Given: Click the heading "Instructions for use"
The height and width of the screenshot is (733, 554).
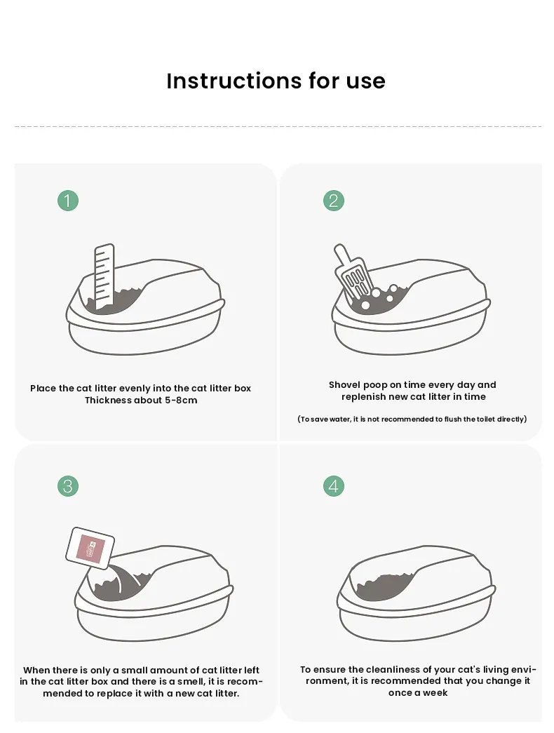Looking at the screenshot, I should tap(276, 81).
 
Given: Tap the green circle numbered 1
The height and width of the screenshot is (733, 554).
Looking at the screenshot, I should tap(68, 201).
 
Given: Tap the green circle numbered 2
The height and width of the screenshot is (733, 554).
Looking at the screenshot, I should tap(333, 201).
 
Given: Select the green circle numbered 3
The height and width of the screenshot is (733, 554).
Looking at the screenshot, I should tap(68, 485).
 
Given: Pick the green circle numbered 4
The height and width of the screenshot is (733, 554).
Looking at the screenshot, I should tap(333, 485).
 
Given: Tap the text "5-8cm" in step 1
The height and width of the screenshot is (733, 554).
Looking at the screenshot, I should tap(180, 401).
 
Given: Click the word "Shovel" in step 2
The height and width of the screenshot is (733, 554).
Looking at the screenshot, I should tap(344, 384).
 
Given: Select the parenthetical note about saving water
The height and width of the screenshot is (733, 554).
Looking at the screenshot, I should tap(412, 419).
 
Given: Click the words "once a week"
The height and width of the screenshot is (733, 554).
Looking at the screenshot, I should tap(418, 692).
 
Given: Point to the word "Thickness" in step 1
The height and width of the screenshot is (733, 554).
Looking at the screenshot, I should tap(108, 401).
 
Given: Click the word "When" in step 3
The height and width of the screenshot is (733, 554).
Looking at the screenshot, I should tap(37, 670).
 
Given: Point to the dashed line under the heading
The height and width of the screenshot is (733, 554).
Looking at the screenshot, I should tap(277, 127).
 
